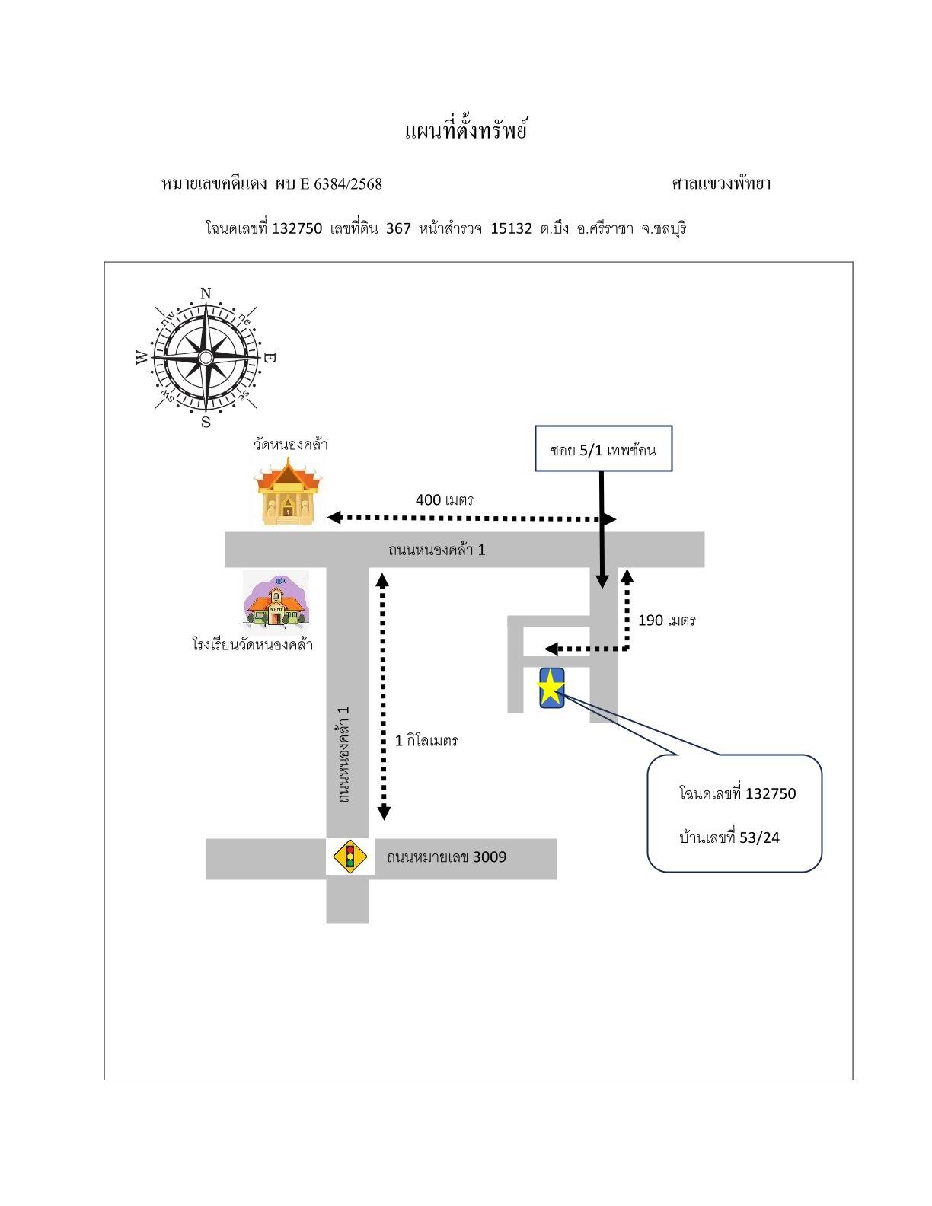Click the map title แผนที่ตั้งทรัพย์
tap(466, 131)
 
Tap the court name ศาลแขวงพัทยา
tap(721, 183)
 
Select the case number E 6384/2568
tap(341, 183)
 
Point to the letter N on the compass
tap(206, 294)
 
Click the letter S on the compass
tap(206, 423)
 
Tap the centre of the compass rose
tap(206, 357)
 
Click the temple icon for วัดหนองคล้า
tap(287, 492)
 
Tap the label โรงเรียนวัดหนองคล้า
tap(253, 644)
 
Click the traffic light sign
tap(349, 858)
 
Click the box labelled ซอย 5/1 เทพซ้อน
tap(603, 448)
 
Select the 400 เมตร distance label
tap(444, 500)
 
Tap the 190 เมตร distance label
tap(667, 621)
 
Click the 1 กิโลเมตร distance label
tap(426, 740)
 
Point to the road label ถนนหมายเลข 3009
tap(446, 857)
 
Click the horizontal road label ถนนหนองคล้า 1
tap(436, 550)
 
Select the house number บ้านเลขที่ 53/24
tap(729, 837)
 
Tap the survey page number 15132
tap(511, 228)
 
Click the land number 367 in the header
tap(398, 228)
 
